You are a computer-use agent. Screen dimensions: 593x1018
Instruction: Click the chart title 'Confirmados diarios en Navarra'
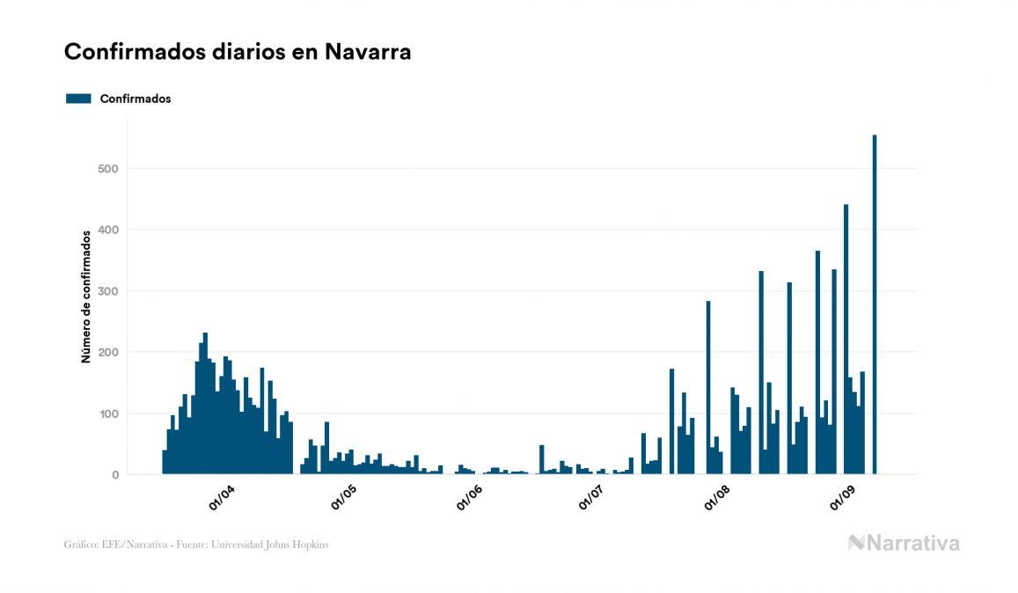[238, 52]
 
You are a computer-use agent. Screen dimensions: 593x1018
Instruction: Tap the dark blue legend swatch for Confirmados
[79, 99]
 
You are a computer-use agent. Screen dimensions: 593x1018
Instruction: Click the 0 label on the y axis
[114, 475]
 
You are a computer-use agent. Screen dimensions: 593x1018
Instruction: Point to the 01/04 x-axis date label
[221, 499]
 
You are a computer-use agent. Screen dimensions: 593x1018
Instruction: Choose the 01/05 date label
[344, 499]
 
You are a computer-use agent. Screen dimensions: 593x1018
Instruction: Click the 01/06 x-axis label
[471, 499]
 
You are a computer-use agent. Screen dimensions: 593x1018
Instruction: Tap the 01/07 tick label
[592, 499]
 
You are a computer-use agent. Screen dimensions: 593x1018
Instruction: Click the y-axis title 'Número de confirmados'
[86, 297]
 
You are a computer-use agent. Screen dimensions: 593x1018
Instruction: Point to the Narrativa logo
[904, 543]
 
